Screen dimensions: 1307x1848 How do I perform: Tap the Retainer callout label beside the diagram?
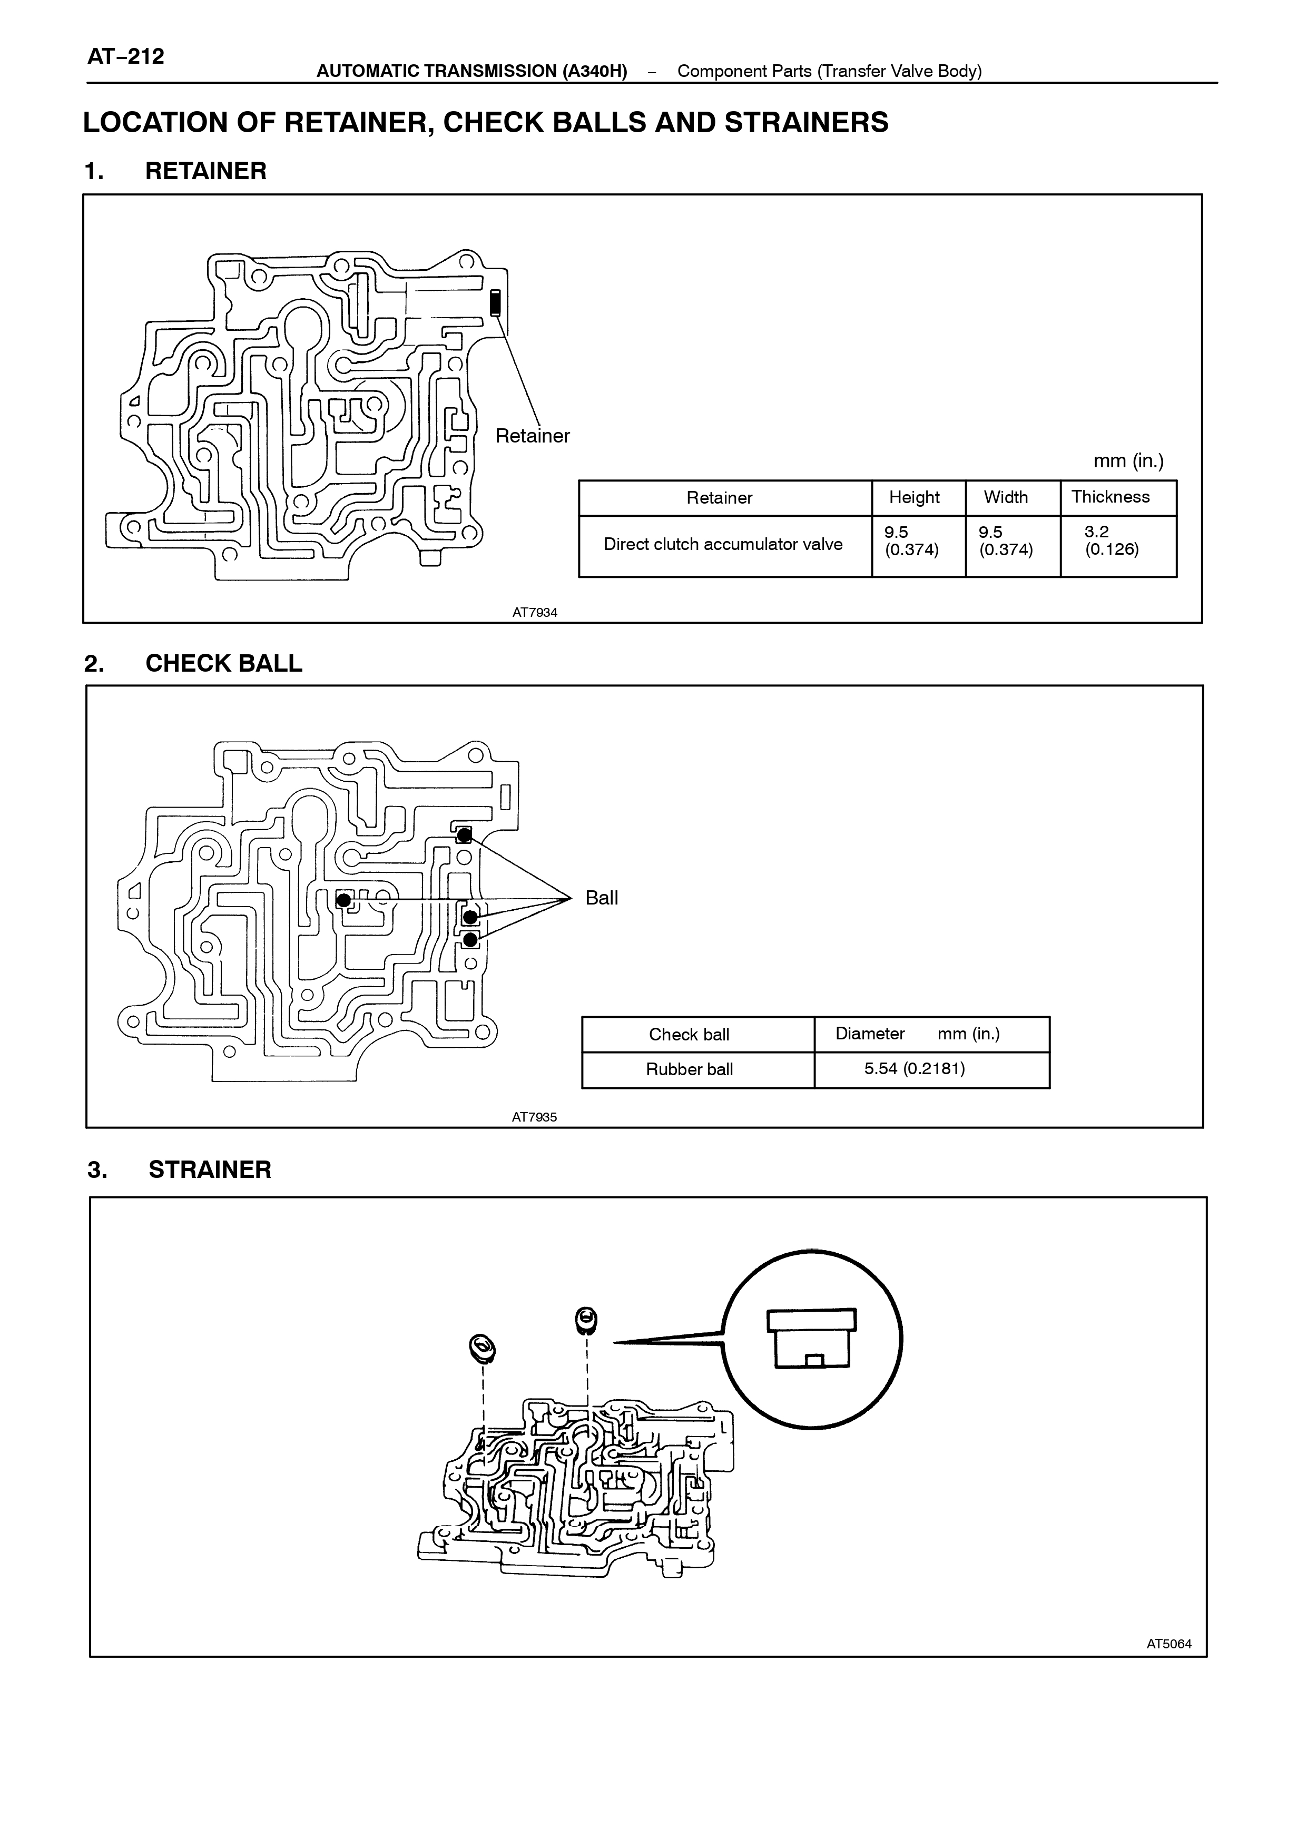[x=532, y=436]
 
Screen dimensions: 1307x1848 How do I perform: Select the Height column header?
[x=914, y=497]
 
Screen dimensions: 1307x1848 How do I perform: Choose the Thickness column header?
[x=1110, y=497]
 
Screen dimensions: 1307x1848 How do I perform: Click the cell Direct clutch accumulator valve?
[x=723, y=544]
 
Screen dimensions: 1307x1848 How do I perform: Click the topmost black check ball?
[x=464, y=835]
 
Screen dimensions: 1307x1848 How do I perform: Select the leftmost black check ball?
[x=343, y=900]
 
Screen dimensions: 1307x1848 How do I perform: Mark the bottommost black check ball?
[x=470, y=939]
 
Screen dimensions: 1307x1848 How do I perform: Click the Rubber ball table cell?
[x=690, y=1070]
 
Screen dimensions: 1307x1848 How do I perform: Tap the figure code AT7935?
[x=534, y=1117]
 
